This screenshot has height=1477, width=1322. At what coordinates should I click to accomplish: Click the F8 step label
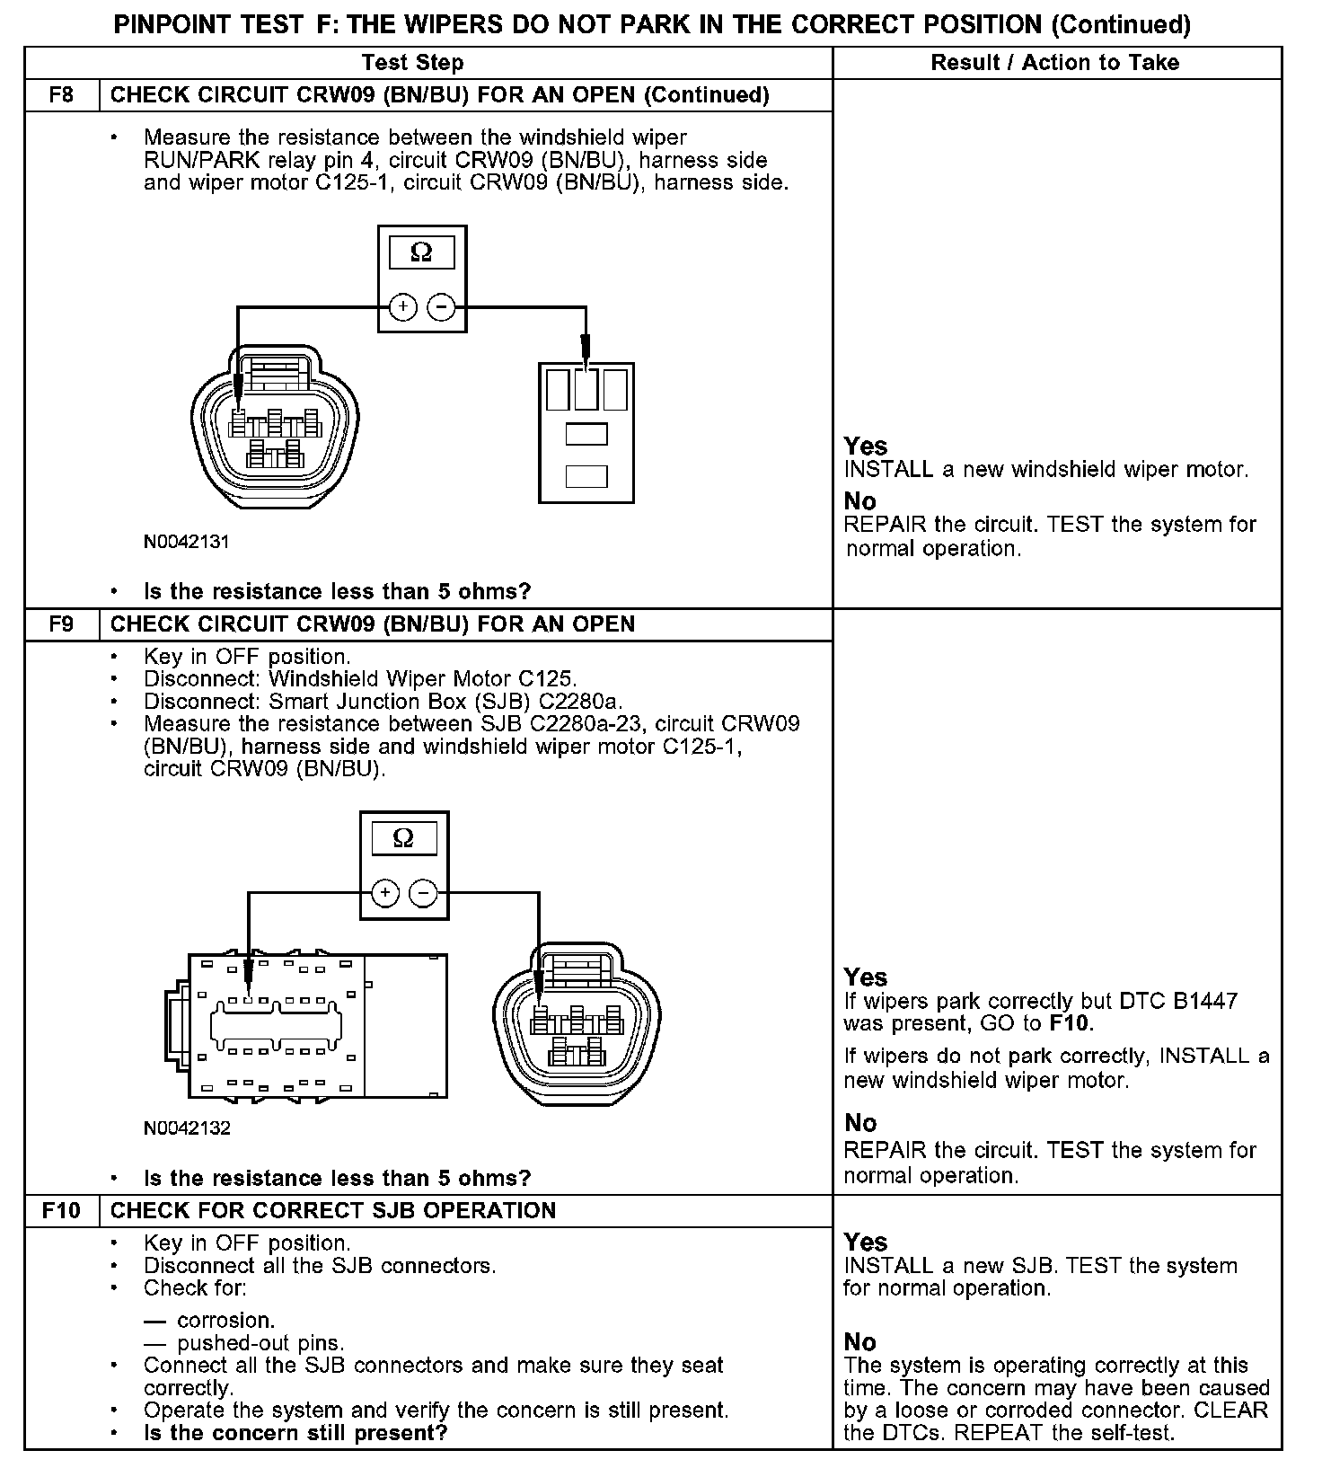(x=61, y=94)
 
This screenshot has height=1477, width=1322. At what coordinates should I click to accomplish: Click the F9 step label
(x=61, y=624)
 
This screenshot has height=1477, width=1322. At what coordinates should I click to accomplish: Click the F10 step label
(x=61, y=1210)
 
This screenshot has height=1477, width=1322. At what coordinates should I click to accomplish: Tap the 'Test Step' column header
(x=412, y=62)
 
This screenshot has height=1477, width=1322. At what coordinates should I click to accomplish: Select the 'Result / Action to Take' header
(x=1055, y=62)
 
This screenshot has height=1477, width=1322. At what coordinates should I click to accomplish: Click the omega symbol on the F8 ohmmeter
(x=421, y=253)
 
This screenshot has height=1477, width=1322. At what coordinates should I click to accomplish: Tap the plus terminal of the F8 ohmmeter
(x=403, y=307)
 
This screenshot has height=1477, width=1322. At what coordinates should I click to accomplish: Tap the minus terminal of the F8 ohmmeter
(x=441, y=307)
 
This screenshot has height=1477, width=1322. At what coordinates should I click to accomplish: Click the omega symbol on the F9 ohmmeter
(x=404, y=838)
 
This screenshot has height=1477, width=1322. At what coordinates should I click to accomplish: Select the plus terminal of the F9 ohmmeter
(x=385, y=893)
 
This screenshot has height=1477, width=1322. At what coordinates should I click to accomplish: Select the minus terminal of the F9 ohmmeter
(x=423, y=893)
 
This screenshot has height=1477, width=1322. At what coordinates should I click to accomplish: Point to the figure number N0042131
(x=187, y=542)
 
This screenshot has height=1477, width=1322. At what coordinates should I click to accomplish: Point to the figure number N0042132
(x=187, y=1128)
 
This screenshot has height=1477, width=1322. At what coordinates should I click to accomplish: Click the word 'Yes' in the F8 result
(x=865, y=446)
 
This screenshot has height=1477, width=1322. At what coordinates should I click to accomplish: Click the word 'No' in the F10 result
(x=859, y=1341)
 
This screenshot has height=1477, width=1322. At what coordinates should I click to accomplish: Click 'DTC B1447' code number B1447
(x=1205, y=1001)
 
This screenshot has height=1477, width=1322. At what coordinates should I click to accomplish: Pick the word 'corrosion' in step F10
(x=225, y=1320)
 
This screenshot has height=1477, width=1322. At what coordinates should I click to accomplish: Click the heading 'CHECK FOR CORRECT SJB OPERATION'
(x=333, y=1210)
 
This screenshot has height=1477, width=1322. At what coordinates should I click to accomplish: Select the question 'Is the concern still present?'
(x=295, y=1432)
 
